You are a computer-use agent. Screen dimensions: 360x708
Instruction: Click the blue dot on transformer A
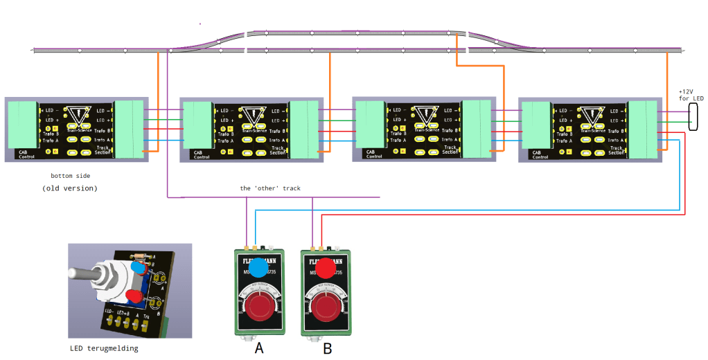(258, 267)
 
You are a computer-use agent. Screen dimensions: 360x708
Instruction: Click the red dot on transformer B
(328, 267)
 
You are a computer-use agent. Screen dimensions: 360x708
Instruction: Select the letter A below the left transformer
(259, 348)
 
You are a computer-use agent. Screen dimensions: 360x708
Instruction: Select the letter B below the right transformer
(328, 348)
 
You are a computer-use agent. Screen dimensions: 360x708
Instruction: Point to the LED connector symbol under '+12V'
(693, 119)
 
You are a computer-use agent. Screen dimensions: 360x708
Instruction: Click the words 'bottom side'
(70, 176)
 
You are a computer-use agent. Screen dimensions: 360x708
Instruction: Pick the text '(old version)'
(70, 188)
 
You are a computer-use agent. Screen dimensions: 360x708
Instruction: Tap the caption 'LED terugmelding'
(104, 348)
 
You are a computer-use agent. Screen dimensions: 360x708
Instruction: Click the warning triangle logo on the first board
(81, 115)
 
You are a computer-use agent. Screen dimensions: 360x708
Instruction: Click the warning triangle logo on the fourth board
(593, 115)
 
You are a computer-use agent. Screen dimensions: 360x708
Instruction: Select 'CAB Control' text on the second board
(202, 154)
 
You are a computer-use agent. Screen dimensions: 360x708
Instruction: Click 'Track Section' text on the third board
(450, 150)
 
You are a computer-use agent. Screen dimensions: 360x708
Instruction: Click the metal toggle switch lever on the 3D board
(87, 275)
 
